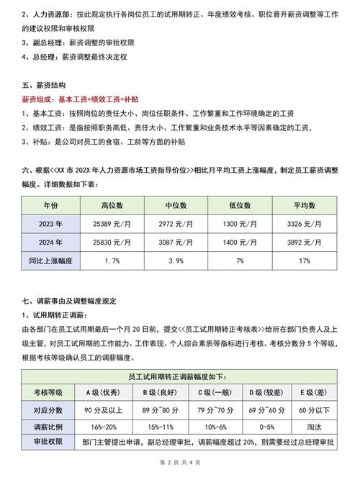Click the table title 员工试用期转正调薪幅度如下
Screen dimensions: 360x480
pyautogui.click(x=180, y=376)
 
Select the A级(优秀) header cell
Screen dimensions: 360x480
pyautogui.click(x=103, y=392)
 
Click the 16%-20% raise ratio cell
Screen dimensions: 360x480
pyautogui.click(x=103, y=427)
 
